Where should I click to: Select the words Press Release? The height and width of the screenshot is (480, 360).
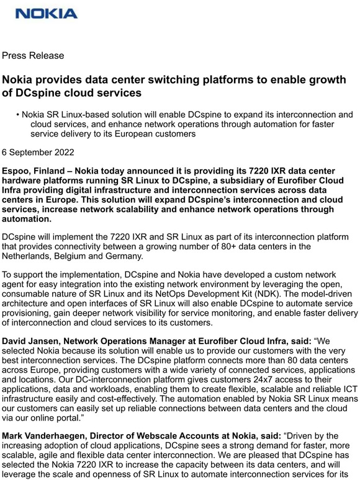pyautogui.click(x=33, y=56)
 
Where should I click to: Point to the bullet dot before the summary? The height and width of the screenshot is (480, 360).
pyautogui.click(x=18, y=115)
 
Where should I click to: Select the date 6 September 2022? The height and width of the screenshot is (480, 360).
pyautogui.click(x=38, y=152)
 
